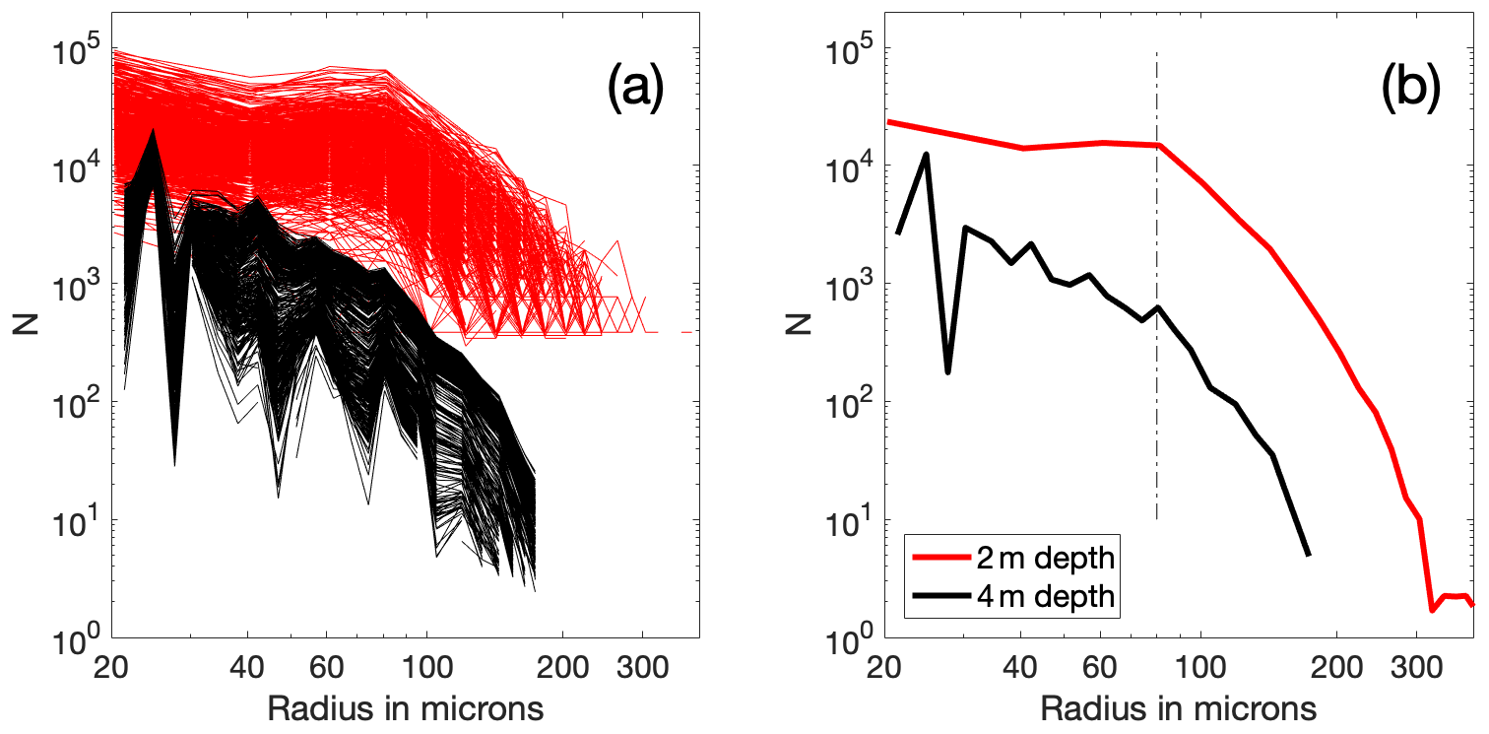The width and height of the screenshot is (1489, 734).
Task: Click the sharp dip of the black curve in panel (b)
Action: point(947,372)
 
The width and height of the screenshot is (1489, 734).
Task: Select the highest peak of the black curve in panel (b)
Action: point(926,154)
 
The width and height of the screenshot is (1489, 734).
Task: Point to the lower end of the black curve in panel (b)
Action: point(1309,556)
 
